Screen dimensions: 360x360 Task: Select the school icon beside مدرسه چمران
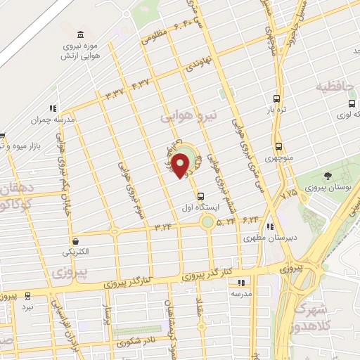pyautogui.click(x=51, y=108)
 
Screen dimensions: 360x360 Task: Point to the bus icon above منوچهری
pyautogui.click(x=278, y=147)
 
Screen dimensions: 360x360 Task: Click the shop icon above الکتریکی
pyautogui.click(x=75, y=239)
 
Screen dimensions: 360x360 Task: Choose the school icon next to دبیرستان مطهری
pyautogui.click(x=271, y=226)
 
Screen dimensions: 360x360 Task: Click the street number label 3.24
pyautogui.click(x=163, y=226)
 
